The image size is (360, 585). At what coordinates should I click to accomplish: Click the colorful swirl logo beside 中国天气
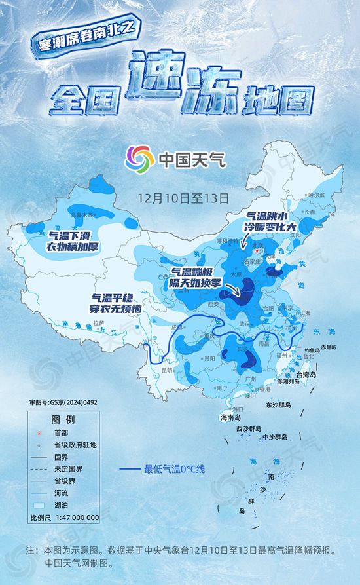tap(139, 157)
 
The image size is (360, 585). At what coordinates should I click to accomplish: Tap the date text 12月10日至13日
tap(183, 196)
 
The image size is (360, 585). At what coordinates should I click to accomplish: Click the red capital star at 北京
tap(257, 250)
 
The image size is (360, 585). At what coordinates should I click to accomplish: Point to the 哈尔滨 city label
tap(315, 195)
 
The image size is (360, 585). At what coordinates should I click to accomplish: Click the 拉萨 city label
tap(99, 323)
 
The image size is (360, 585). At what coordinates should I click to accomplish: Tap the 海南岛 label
tap(229, 417)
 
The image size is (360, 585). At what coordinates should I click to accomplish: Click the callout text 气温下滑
tap(71, 234)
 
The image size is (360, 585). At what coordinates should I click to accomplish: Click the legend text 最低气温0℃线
tap(175, 469)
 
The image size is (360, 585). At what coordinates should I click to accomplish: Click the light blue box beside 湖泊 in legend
tap(39, 505)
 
